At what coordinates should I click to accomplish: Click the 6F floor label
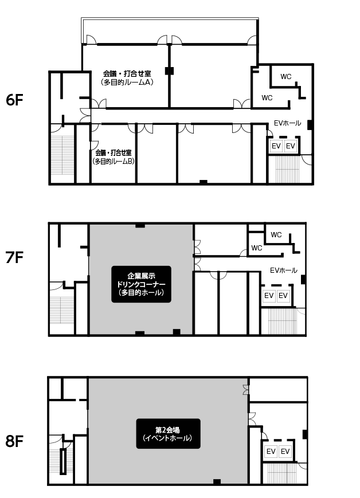(14, 100)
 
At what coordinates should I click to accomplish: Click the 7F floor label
(14, 257)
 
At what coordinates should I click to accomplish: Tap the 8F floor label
(14, 441)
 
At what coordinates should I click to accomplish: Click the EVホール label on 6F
(288, 123)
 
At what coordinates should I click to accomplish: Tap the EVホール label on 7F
(284, 270)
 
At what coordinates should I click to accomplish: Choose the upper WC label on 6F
(286, 77)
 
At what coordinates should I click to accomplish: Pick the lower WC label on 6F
(267, 98)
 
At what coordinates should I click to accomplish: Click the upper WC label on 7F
(276, 235)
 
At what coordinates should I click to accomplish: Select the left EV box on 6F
(276, 146)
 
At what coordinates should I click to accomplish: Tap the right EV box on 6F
(291, 146)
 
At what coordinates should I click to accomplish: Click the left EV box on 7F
(269, 296)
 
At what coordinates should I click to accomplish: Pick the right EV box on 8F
(285, 452)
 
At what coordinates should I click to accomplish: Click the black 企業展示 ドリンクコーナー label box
(142, 284)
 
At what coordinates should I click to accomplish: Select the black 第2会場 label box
(168, 434)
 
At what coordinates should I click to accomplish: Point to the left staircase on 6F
(62, 155)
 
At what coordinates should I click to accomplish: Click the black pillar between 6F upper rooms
(169, 71)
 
